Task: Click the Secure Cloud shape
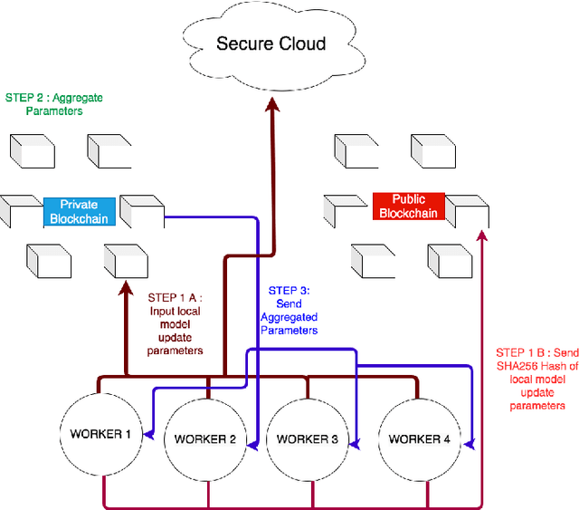(x=271, y=43)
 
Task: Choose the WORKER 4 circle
(x=419, y=438)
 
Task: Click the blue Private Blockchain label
(x=80, y=211)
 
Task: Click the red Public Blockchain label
(x=408, y=206)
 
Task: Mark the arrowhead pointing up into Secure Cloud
(x=271, y=107)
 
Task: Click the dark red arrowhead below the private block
(x=123, y=284)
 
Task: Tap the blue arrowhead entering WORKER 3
(x=355, y=442)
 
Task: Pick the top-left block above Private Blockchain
(x=32, y=150)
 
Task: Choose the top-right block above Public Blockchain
(x=432, y=150)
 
